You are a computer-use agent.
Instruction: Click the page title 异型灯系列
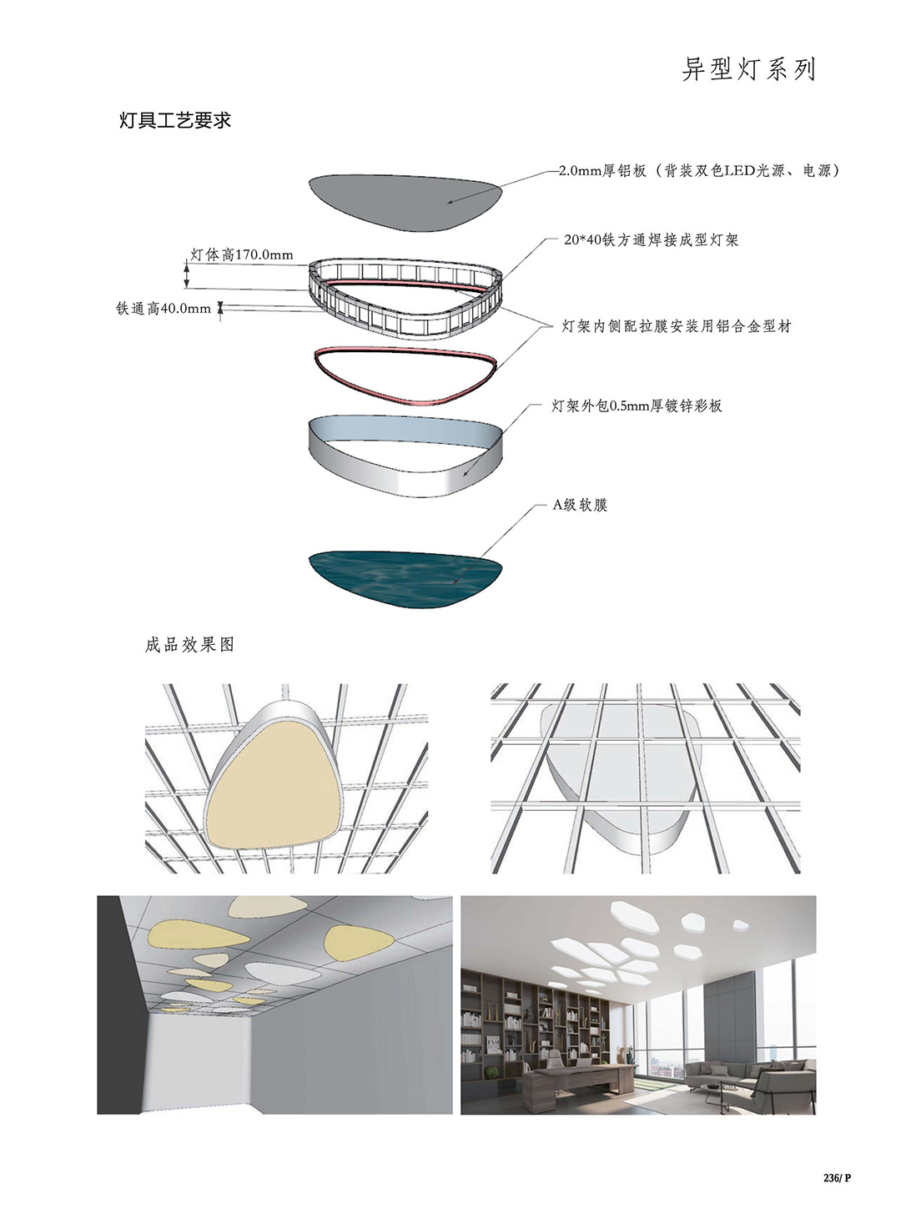coord(748,69)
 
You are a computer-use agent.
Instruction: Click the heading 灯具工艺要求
coord(175,120)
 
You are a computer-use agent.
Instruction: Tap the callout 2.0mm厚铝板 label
coord(602,171)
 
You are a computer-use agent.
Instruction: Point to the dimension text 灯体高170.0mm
coord(241,254)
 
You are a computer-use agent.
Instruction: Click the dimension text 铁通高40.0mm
coord(164,309)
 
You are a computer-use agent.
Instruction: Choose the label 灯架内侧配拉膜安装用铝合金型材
coord(677,327)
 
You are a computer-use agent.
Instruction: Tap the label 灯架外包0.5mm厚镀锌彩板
coord(637,406)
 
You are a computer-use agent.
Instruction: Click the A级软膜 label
coord(580,505)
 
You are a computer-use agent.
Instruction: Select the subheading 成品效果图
coord(189,645)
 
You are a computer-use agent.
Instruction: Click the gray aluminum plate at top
coord(405,202)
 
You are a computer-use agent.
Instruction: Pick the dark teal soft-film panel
coord(405,579)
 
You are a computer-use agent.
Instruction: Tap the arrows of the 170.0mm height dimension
coord(187,275)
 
